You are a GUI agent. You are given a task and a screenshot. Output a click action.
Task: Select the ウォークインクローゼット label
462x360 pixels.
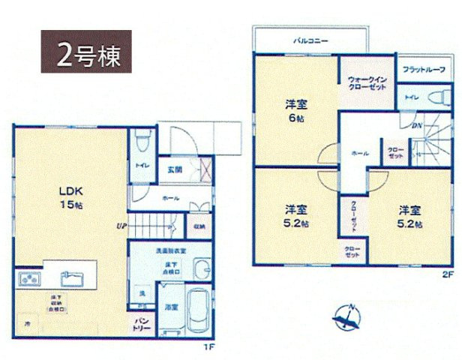[x=367, y=83]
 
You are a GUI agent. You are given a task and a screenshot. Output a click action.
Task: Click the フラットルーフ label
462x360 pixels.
[x=424, y=70]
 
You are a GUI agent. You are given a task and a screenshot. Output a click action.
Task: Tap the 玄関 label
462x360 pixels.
[x=175, y=169]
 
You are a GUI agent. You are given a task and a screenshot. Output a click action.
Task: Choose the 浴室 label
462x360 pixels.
[x=171, y=307]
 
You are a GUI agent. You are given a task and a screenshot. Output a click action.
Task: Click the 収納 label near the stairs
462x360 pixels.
[x=199, y=226]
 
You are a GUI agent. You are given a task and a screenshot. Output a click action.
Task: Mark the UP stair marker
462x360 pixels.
[x=120, y=224]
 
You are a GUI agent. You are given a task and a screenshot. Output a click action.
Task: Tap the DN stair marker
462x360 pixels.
[x=415, y=124]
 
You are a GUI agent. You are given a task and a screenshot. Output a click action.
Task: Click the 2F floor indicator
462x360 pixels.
[x=447, y=274]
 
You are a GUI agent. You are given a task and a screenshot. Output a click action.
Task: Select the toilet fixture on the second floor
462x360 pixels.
[x=435, y=97]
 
